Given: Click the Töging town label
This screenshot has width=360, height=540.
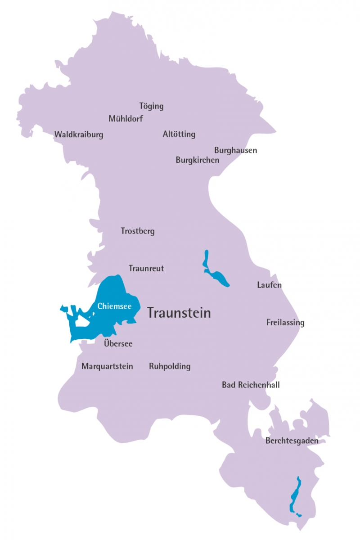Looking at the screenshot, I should click(151, 106).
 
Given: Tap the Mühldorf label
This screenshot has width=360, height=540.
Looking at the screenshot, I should click(126, 119).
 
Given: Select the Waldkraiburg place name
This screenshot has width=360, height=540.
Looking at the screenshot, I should click(79, 135).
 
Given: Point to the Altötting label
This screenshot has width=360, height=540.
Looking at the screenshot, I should click(179, 134).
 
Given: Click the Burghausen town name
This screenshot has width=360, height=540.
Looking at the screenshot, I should click(235, 150).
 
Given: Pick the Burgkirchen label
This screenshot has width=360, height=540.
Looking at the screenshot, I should click(198, 160).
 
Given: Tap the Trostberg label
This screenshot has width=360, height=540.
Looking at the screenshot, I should click(138, 231).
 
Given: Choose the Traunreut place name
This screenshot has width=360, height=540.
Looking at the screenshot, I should click(146, 269).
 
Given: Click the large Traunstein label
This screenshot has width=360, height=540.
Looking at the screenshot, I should click(179, 313).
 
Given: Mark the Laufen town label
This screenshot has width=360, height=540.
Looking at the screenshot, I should click(269, 285).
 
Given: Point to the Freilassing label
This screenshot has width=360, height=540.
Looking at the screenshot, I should click(285, 323).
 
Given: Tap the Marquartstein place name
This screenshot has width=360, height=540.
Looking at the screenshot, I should click(107, 366).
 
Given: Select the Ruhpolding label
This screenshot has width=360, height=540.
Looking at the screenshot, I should click(170, 366).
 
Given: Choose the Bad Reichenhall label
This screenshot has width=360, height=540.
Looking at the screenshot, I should click(251, 385).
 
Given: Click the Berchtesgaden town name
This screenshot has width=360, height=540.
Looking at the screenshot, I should click(292, 441).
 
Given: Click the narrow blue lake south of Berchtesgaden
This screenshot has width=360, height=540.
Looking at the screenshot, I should click(295, 495).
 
